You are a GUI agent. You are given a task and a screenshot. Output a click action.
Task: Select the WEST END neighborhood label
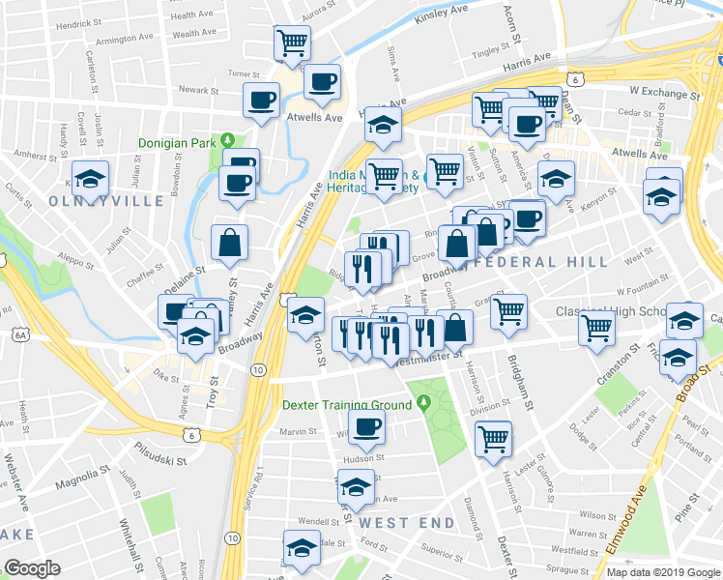(x=407, y=522)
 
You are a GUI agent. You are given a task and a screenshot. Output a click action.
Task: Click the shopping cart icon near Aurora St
(x=292, y=42)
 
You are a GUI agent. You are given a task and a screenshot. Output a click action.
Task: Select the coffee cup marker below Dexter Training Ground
(x=366, y=425)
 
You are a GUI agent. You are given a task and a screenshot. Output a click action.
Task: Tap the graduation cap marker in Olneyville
(x=91, y=178)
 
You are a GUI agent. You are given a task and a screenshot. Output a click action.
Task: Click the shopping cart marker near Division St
(x=494, y=437)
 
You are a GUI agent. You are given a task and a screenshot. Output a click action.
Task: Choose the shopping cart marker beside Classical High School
(x=596, y=328)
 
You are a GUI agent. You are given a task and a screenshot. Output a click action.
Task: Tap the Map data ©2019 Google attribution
(x=662, y=572)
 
